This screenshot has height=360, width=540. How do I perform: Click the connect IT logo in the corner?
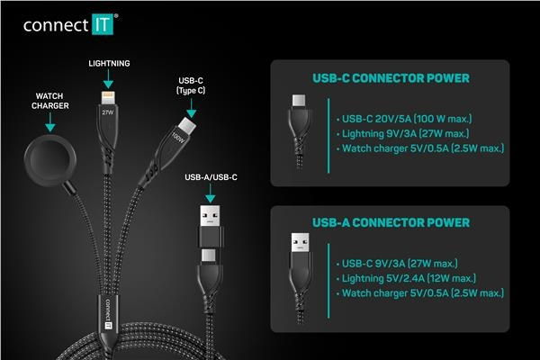click(70, 24)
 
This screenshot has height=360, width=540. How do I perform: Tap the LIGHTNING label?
click(109, 63)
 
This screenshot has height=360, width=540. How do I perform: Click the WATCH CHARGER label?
click(50, 101)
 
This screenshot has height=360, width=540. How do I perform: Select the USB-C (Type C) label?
click(191, 85)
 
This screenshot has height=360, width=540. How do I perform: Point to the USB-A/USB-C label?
click(211, 177)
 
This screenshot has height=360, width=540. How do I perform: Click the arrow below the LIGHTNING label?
click(109, 79)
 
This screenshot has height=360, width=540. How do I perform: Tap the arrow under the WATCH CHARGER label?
click(50, 122)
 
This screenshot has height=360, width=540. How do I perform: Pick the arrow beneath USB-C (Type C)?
click(192, 109)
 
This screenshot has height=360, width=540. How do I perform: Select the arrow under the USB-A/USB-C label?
click(211, 193)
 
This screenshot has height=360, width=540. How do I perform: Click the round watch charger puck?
click(50, 159)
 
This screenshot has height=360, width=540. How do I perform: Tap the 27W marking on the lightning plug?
click(107, 112)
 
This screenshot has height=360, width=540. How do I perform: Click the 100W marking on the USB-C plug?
click(179, 138)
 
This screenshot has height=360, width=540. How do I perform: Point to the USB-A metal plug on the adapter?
click(210, 216)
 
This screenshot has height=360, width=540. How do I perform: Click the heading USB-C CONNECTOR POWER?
click(391, 78)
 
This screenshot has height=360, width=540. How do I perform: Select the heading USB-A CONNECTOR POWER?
click(391, 223)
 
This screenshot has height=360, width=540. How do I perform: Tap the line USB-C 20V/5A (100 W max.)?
click(404, 119)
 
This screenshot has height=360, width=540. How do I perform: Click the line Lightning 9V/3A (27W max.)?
click(402, 134)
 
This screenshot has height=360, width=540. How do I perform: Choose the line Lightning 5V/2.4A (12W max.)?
click(406, 278)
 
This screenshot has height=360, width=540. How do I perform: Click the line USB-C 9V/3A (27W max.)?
click(397, 264)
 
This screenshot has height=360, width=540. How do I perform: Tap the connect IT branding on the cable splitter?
click(108, 314)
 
